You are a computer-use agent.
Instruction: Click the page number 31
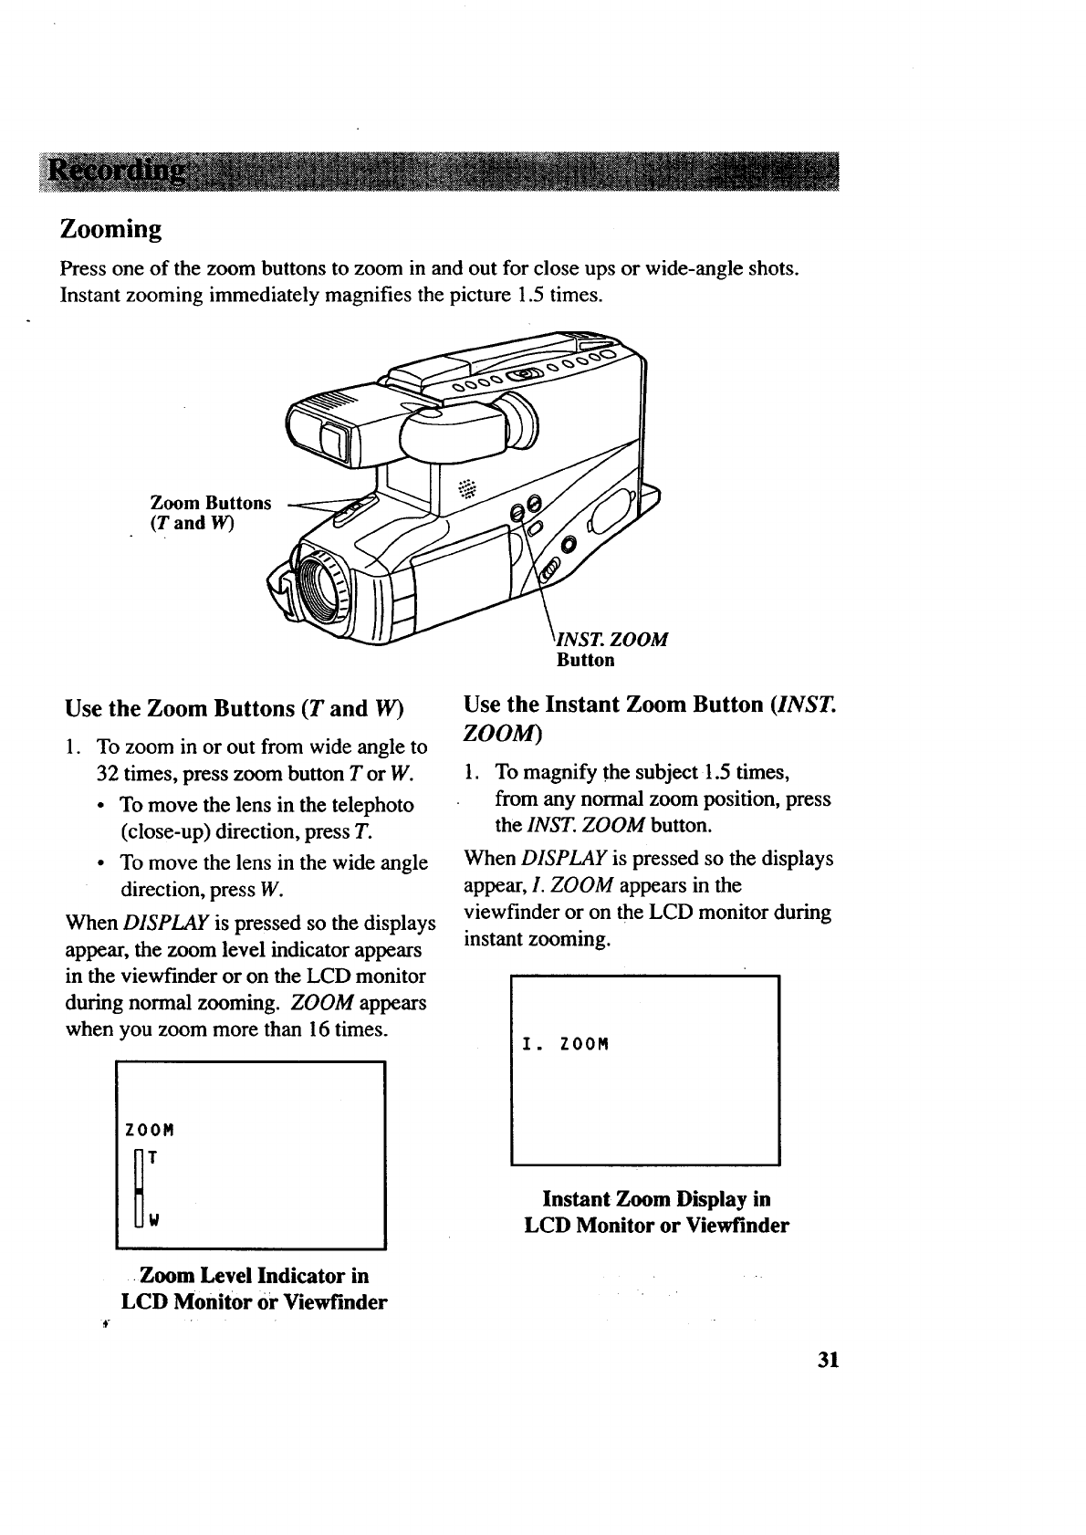pos(828,1360)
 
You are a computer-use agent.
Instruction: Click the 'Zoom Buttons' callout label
pos(211,503)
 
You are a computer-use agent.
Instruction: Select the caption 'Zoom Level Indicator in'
pos(254,1275)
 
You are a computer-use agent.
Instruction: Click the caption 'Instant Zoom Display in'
pos(656,1198)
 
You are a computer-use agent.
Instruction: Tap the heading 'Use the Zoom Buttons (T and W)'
pos(235,709)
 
